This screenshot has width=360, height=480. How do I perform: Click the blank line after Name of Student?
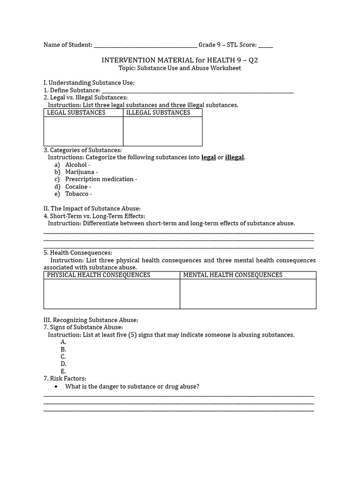tap(145, 45)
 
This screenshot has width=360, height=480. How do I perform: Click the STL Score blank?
tap(265, 45)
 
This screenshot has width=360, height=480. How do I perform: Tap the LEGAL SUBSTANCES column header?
tap(76, 112)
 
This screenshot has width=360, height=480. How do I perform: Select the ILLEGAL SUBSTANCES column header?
tap(158, 112)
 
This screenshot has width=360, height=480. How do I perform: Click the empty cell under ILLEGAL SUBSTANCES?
tap(163, 131)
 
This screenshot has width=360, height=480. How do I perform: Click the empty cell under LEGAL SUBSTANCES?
tap(83, 131)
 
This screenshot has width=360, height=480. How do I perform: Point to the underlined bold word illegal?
tap(234, 157)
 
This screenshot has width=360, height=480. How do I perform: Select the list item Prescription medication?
tap(101, 179)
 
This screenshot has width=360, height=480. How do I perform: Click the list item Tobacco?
tap(78, 194)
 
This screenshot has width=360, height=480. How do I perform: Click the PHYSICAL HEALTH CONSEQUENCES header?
tap(98, 275)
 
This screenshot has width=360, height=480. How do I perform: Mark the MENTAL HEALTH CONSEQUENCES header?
tap(232, 275)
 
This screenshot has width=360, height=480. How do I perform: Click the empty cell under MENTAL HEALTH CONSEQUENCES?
tap(248, 294)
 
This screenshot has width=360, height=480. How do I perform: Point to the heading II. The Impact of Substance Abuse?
tap(92, 209)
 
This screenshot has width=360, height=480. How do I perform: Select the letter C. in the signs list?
tap(63, 357)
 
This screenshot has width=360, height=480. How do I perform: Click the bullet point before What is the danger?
tap(56, 387)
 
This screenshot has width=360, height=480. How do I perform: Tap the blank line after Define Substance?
tap(197, 90)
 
